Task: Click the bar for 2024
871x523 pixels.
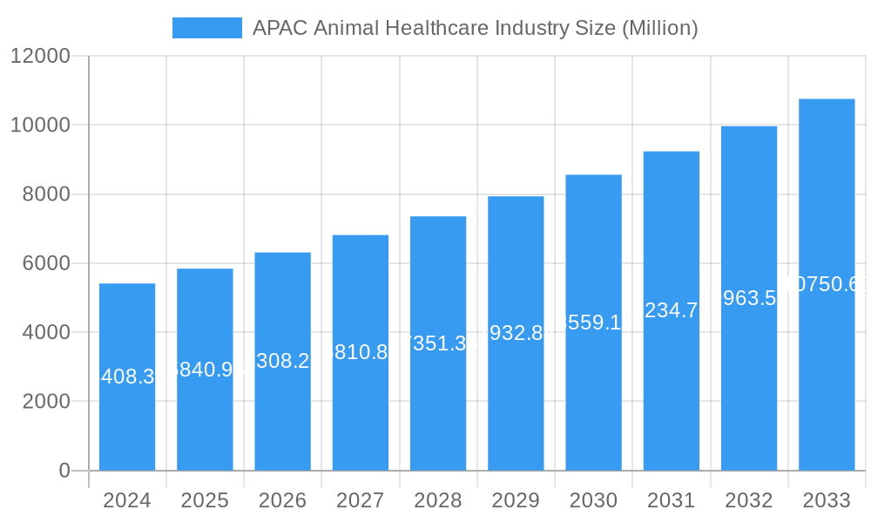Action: coord(127,418)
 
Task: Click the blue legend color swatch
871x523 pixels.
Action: coord(207,28)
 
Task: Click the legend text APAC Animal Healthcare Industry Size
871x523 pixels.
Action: coord(475,28)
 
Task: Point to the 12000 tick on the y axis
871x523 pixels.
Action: coord(40,57)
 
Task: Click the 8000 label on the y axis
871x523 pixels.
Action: coord(46,194)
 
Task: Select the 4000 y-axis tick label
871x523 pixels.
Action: coord(46,332)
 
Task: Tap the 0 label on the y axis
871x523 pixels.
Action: coord(64,471)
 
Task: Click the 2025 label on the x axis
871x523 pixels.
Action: coord(205,500)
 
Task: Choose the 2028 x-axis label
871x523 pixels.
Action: coord(438,500)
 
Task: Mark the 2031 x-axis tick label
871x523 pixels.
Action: coord(671,500)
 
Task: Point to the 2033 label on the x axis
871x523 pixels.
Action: coord(827,500)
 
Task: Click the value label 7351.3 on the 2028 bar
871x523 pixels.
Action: coord(438,343)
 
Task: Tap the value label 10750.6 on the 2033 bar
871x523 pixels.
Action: coord(827,284)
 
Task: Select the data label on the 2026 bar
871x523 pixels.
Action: coord(282,361)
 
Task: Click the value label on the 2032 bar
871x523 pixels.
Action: coord(749,298)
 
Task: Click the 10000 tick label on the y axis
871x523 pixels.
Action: coord(40,126)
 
